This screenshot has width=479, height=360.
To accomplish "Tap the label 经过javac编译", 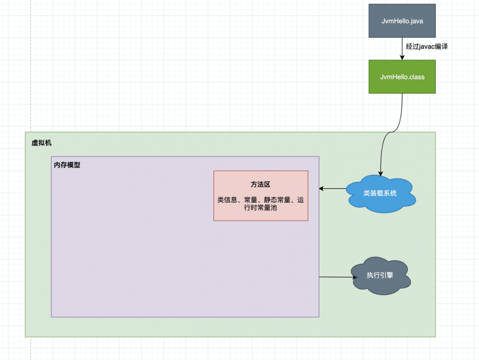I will coord(427,46).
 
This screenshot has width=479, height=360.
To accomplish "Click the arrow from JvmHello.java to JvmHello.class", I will coord(402,48).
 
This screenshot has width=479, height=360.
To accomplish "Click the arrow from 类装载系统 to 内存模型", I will coord(332,189).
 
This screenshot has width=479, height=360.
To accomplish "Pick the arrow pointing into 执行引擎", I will coord(335,277).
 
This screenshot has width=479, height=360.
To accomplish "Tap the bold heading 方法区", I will coord(261,184).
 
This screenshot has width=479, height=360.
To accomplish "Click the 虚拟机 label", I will coord(42,143).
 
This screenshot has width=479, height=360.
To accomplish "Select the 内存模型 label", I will coord(67,165).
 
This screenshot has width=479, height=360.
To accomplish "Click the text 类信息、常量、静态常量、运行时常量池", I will coord(261,204).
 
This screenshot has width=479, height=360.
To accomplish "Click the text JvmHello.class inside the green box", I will coord(402,77).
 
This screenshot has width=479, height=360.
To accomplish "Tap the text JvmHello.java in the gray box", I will coord(402,21).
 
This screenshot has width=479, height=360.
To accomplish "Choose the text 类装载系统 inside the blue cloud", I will coord(380,193).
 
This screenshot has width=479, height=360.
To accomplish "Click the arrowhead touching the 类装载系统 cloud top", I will coord(380,174).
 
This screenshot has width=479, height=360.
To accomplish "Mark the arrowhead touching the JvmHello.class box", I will coord(402,57).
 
